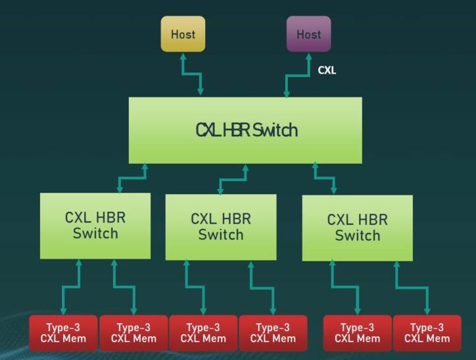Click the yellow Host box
[183, 34]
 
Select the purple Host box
[308, 34]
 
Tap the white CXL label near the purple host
[327, 70]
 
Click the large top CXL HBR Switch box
[245, 130]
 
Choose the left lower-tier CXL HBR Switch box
[95, 225]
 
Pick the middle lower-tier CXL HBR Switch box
[220, 226]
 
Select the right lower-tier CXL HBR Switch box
[357, 228]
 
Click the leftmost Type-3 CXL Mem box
[63, 333]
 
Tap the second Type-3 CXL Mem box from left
[133, 333]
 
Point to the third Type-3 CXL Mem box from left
[204, 333]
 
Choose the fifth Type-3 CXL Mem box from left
[357, 333]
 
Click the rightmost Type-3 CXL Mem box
[427, 333]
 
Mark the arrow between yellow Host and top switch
[192, 74]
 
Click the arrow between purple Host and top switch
[297, 74]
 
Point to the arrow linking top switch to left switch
[132, 178]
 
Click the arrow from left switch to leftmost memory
[72, 287]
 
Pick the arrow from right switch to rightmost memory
[412, 287]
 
